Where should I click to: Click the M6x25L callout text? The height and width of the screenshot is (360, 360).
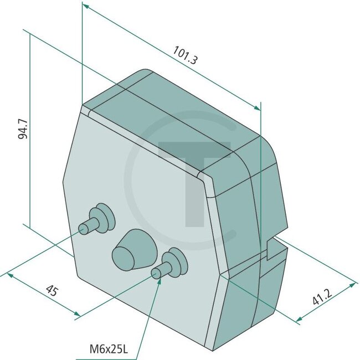[109, 349]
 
